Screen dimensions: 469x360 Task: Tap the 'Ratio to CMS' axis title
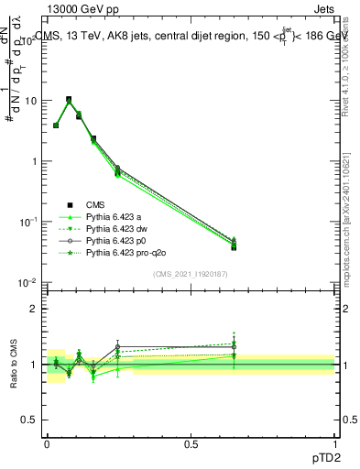pyautogui.click(x=15, y=365)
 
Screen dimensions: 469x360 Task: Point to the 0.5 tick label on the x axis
pyautogui.click(x=191, y=442)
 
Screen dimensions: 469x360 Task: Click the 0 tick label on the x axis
pyautogui.click(x=47, y=442)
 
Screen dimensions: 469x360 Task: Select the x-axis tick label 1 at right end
pyautogui.click(x=334, y=442)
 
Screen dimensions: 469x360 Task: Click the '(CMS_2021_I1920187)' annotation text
pyautogui.click(x=190, y=274)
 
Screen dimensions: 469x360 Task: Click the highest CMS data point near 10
pyautogui.click(x=69, y=99)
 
